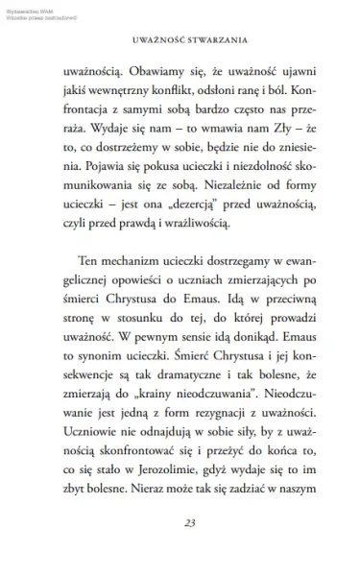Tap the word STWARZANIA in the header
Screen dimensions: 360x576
tap(213, 41)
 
